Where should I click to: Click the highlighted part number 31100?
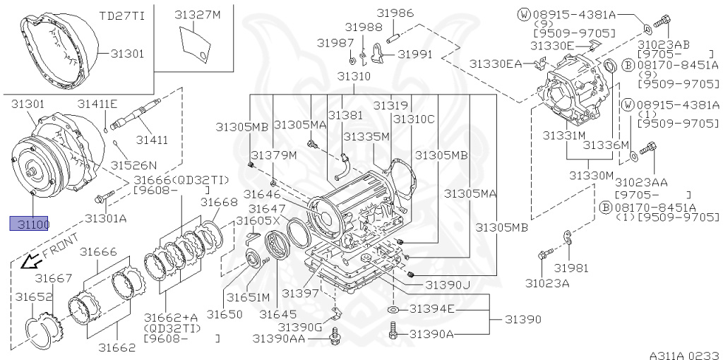coord(28,224)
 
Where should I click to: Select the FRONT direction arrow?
coord(30,262)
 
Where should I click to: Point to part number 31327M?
coord(197,15)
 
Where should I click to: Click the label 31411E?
coord(97,104)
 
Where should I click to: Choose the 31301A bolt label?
coord(105,218)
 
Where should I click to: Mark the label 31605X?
coord(258,221)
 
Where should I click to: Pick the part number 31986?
coord(395,13)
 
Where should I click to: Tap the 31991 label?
coord(415,54)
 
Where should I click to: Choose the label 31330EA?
coord(497,64)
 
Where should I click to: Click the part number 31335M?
coord(366,136)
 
